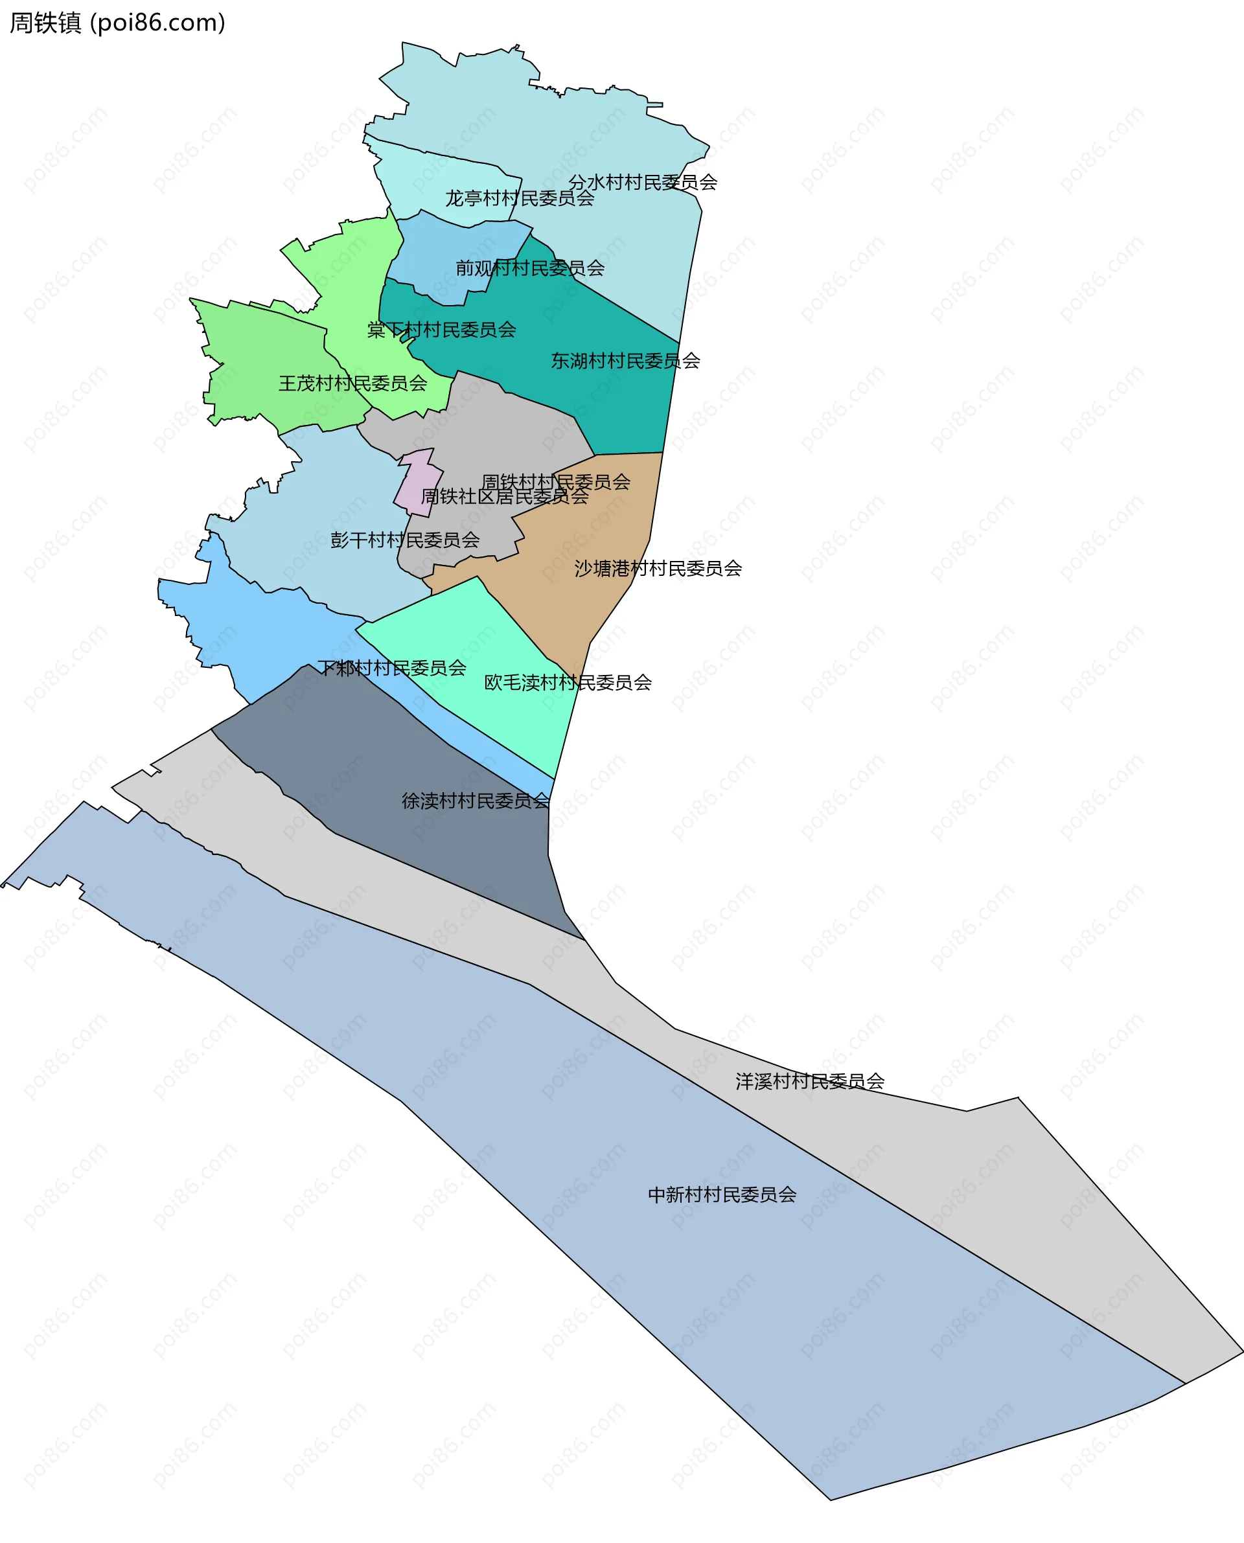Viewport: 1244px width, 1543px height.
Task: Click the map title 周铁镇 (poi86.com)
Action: [x=117, y=23]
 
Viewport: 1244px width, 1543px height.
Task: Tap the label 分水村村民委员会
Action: [x=643, y=183]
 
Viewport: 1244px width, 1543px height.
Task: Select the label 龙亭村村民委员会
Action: [x=520, y=198]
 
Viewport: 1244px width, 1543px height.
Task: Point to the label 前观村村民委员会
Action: [x=530, y=268]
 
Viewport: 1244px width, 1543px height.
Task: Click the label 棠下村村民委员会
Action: [x=441, y=330]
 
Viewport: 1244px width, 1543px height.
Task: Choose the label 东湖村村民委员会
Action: [x=625, y=361]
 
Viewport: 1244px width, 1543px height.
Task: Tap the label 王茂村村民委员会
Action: [x=352, y=384]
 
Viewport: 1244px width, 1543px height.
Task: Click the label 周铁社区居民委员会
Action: [x=505, y=496]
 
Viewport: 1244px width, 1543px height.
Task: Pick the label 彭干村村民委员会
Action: [x=405, y=540]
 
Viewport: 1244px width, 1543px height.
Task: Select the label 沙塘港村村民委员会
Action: [x=658, y=569]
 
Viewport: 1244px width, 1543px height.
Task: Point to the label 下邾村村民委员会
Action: [x=392, y=669]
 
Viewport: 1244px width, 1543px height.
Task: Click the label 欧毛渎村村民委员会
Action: [x=568, y=683]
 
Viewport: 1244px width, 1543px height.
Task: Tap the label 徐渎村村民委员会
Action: [x=476, y=801]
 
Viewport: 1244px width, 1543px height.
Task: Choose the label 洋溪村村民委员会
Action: [x=810, y=1082]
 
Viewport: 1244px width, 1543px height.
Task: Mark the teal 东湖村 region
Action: [x=616, y=401]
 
